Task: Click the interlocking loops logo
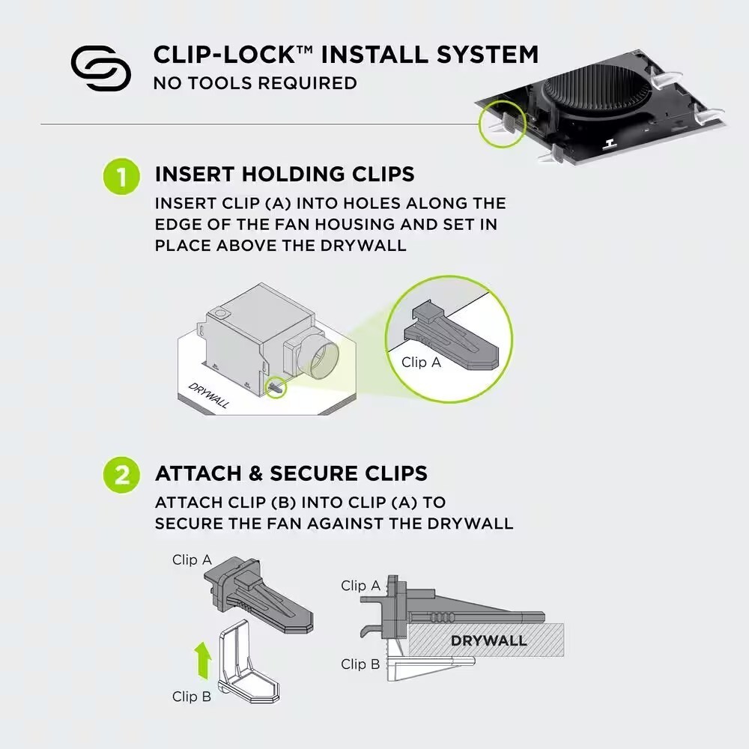[x=101, y=68]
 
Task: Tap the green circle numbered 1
[x=121, y=176]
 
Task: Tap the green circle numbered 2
[x=121, y=475]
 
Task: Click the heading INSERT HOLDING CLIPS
[x=285, y=175]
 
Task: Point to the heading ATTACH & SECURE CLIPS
[x=291, y=473]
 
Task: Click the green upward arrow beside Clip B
[x=203, y=660]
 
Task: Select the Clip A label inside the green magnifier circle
[x=421, y=363]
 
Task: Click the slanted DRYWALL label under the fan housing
[x=209, y=395]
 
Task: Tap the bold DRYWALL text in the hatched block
[x=488, y=640]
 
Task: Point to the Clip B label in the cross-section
[x=360, y=664]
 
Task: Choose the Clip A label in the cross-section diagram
[x=361, y=586]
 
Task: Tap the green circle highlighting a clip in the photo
[x=502, y=124]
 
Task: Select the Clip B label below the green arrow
[x=192, y=697]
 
